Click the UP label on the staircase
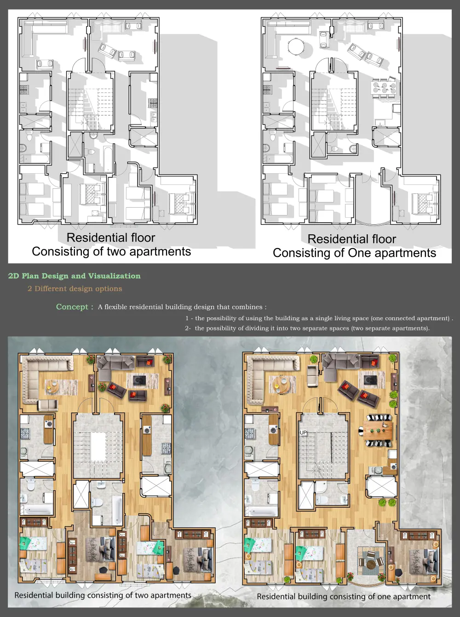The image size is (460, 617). point(303,433)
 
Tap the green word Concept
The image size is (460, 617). point(72,306)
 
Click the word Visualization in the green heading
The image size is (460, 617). point(114,276)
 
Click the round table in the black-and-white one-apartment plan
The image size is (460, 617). point(296,46)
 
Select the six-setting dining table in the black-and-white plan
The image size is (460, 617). point(385,88)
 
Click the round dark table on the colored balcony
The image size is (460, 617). point(371,565)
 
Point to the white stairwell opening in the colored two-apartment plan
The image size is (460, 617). point(98,447)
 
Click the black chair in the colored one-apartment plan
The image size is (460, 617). point(398,570)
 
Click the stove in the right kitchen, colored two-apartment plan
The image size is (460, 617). point(167,448)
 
